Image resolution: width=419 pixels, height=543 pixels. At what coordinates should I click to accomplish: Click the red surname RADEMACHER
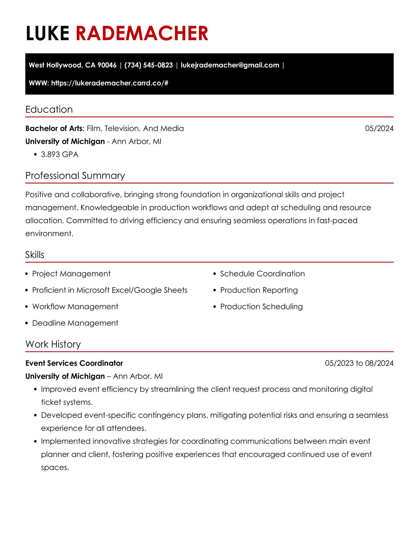pyautogui.click(x=142, y=33)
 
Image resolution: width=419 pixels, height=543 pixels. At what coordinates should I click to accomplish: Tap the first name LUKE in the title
pyautogui.click(x=47, y=33)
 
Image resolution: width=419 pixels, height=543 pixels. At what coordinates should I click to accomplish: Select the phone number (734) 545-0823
pyautogui.click(x=148, y=65)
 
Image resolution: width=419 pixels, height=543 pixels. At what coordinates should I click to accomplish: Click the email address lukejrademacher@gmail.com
pyautogui.click(x=230, y=65)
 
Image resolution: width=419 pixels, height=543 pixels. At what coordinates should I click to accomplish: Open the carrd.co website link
pyautogui.click(x=110, y=83)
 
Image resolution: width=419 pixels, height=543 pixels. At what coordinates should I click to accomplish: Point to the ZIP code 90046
pyautogui.click(x=107, y=65)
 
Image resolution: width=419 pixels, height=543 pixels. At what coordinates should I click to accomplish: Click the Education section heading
pyautogui.click(x=49, y=109)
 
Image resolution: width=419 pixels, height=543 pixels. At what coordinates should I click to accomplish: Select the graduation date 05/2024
pyautogui.click(x=379, y=128)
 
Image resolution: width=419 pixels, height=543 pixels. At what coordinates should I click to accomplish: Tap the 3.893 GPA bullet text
pyautogui.click(x=60, y=154)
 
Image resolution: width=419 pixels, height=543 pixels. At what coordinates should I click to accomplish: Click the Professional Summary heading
pyautogui.click(x=75, y=176)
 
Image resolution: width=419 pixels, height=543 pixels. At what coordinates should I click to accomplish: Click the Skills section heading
pyautogui.click(x=35, y=255)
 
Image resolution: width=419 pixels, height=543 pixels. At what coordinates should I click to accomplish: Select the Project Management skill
pyautogui.click(x=71, y=274)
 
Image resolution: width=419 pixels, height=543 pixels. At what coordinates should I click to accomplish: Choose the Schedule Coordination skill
pyautogui.click(x=262, y=274)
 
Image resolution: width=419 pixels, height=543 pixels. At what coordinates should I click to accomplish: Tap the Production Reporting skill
pyautogui.click(x=259, y=290)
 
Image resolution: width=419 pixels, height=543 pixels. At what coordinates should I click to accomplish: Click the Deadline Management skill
pyautogui.click(x=75, y=323)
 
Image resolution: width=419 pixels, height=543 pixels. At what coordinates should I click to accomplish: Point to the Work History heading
pyautogui.click(x=53, y=344)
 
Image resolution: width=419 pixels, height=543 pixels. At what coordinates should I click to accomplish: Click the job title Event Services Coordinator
pyautogui.click(x=74, y=363)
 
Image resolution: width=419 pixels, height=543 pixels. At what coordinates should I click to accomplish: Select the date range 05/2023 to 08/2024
pyautogui.click(x=359, y=363)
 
